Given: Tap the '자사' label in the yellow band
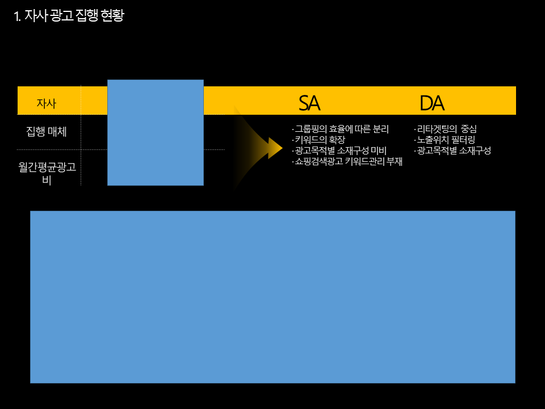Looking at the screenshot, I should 47,103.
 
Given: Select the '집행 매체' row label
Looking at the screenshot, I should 47,132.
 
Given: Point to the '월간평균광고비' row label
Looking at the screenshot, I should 47,173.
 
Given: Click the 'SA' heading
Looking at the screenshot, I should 309,103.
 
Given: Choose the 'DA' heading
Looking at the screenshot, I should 431,103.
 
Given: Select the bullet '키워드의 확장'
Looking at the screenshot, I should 320,140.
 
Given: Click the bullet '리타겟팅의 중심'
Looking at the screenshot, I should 446,129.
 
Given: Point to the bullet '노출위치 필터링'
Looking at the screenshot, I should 446,140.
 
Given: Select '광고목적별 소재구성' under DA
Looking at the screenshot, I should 454,151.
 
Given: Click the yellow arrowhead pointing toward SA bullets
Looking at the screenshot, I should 275,148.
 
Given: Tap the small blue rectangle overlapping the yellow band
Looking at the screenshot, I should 155,132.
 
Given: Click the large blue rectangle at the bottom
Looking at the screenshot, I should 272,297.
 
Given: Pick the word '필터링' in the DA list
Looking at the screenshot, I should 464,140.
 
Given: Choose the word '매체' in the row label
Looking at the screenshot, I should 57,132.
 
